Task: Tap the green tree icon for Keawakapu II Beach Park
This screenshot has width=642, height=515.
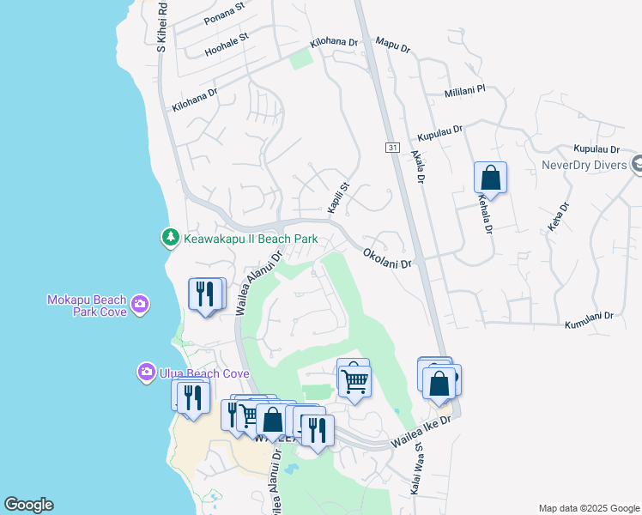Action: point(170,238)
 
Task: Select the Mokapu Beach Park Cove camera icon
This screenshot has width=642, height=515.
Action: point(140,303)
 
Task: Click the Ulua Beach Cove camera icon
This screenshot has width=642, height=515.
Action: point(146,373)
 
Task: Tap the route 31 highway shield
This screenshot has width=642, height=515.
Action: point(391,148)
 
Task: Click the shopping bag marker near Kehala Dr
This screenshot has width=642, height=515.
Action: point(490,179)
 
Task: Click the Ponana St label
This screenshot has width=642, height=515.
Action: point(225,17)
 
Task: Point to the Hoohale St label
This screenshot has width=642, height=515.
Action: point(227,45)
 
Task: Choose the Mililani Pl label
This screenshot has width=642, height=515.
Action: point(465,90)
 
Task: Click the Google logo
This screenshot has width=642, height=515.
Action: point(28,505)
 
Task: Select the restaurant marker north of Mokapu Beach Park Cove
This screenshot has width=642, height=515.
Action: point(205,294)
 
